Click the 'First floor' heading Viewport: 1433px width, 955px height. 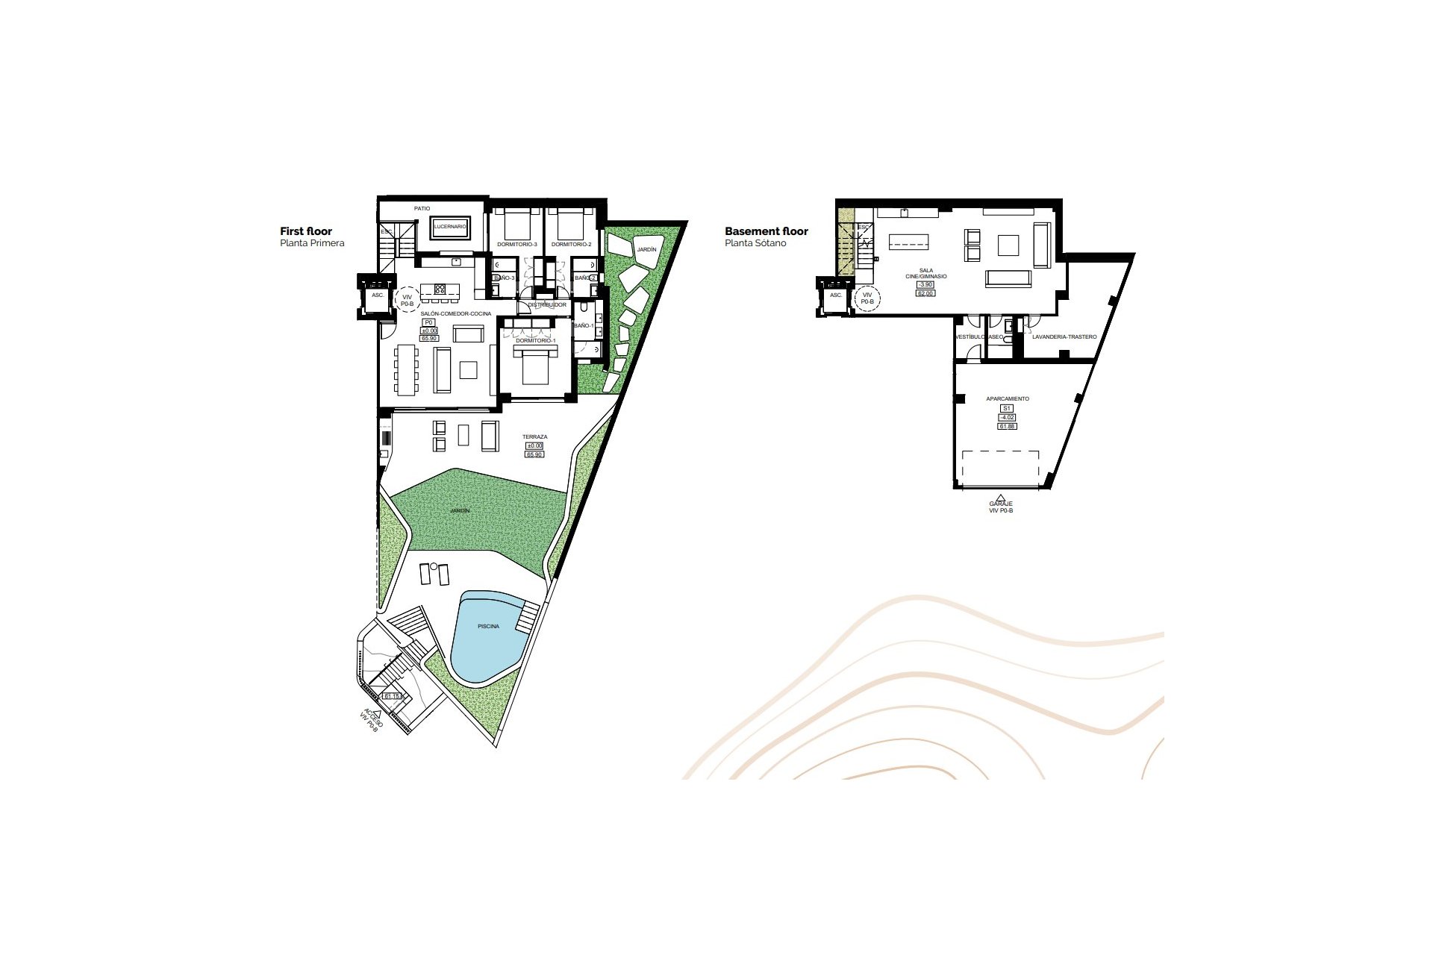click(306, 231)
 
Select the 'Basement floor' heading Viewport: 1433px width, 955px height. click(766, 231)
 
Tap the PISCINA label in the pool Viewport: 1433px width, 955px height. click(488, 626)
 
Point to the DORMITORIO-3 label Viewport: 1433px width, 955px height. click(516, 244)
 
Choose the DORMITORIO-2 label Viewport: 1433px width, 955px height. click(571, 244)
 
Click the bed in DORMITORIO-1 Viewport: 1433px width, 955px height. click(535, 366)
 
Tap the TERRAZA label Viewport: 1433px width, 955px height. click(534, 436)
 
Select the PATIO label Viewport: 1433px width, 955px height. click(422, 208)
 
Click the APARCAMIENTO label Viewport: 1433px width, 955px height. click(1007, 398)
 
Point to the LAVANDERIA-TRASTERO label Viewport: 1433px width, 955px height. click(1064, 336)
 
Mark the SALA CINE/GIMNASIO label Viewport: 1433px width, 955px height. click(925, 274)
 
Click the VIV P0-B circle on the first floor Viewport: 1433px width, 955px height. click(407, 300)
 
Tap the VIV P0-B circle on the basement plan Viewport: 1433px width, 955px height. click(867, 298)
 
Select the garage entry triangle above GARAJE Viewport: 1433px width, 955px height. click(1001, 497)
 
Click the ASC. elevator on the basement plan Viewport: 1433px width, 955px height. click(836, 295)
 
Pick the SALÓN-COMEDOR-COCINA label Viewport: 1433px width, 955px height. click(455, 313)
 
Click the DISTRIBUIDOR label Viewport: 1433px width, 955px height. click(547, 304)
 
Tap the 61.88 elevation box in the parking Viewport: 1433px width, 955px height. click(1007, 426)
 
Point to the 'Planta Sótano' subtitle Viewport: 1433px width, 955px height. click(755, 243)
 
